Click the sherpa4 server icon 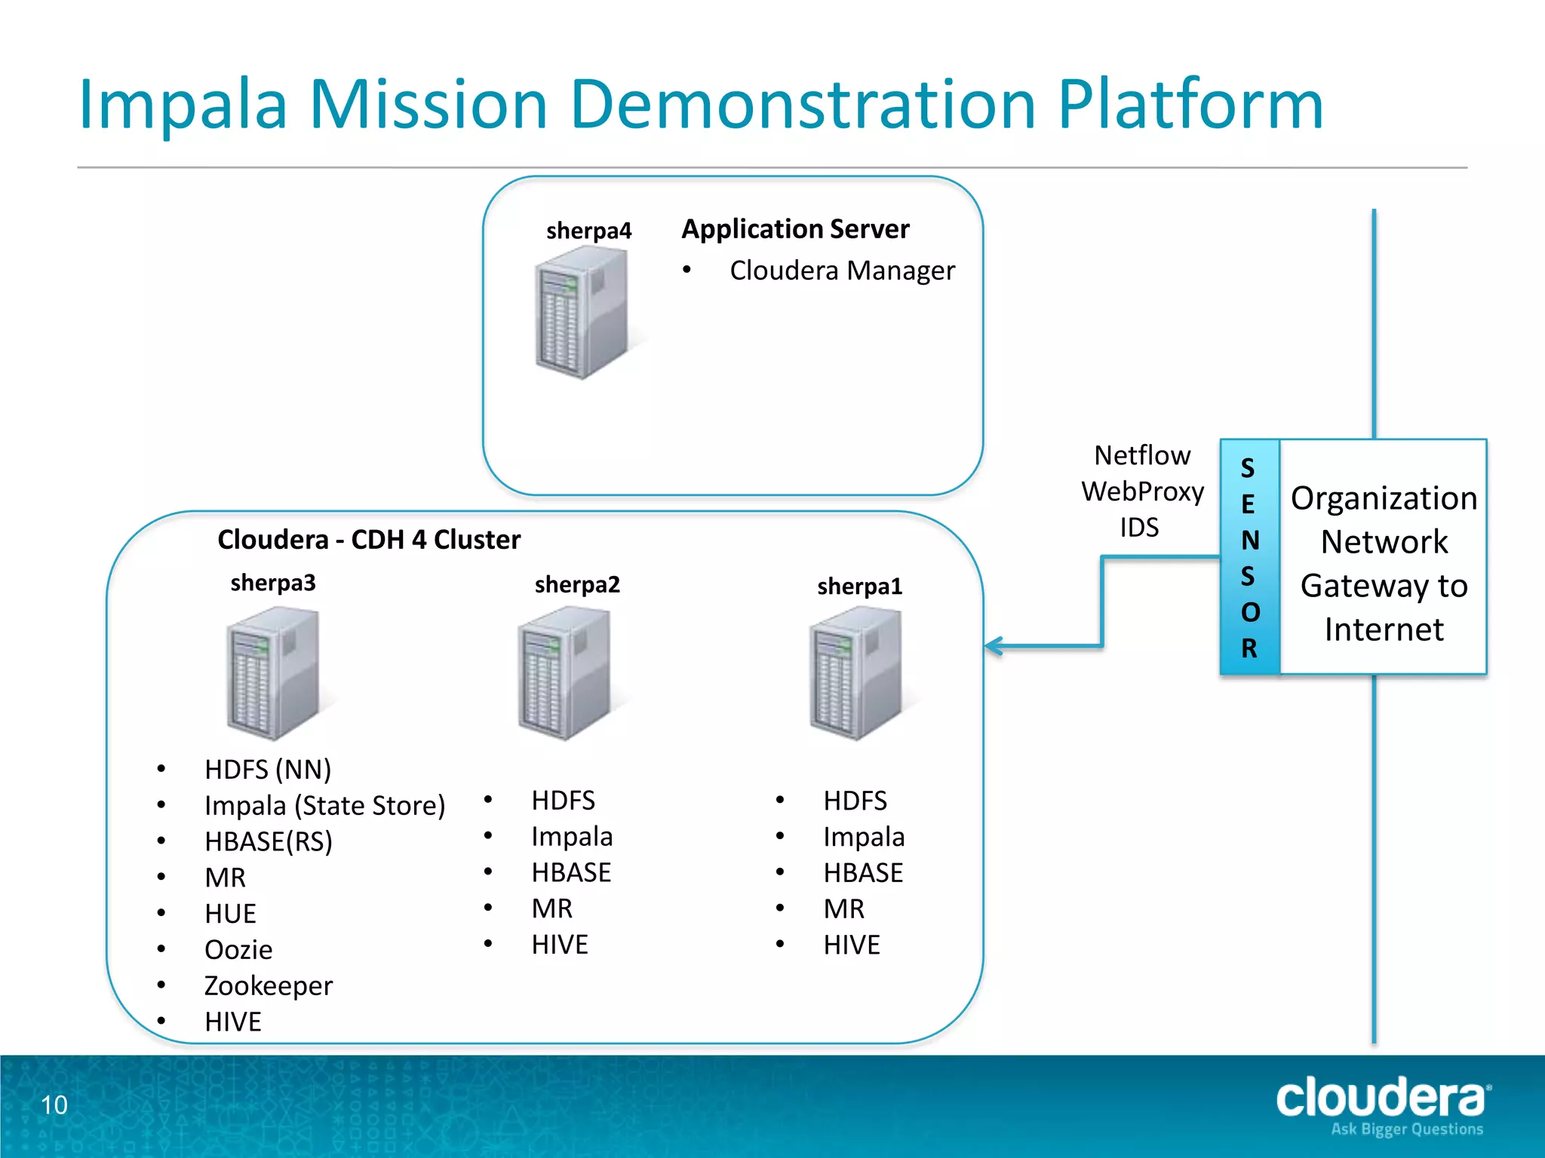pos(581,313)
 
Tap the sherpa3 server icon pos(273,673)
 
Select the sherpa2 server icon pos(564,673)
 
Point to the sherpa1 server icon pos(855,673)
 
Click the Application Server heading pos(795,229)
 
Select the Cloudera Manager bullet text pos(842,271)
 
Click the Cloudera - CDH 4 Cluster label pos(369,540)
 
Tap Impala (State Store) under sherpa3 pos(324,805)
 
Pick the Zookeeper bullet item pos(268,985)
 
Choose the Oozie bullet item pos(238,950)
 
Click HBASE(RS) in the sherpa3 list pos(268,841)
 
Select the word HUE pos(230,914)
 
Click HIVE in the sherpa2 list pos(559,945)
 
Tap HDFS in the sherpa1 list pos(855,801)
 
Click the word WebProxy pos(1142,492)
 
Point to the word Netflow pos(1142,455)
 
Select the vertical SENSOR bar pos(1249,557)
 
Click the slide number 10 pos(54,1105)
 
